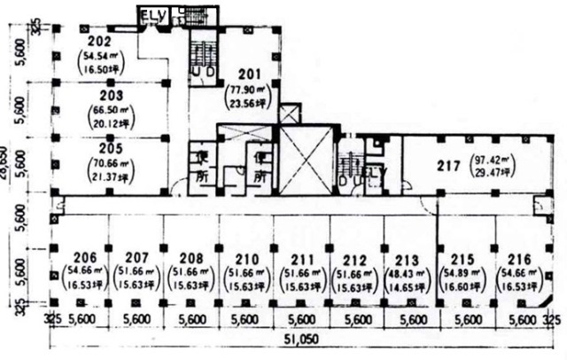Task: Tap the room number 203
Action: tap(111, 94)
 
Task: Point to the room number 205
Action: tap(111, 150)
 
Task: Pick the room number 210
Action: tap(247, 251)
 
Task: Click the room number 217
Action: tap(448, 164)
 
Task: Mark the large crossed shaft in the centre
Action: tap(307, 167)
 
